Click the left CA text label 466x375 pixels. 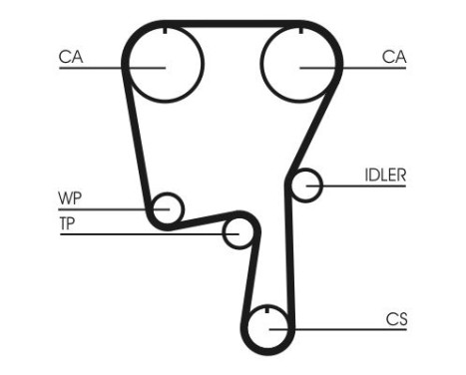click(70, 58)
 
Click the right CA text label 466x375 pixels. click(394, 58)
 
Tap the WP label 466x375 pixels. click(69, 196)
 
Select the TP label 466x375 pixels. click(67, 221)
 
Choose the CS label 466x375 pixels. click(396, 320)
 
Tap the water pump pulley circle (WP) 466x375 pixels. click(169, 208)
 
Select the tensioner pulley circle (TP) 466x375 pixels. click(237, 233)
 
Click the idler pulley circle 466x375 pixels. click(306, 185)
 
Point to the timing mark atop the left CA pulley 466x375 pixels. click(163, 33)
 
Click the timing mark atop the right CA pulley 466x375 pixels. click(300, 33)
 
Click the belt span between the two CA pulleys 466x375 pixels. click(232, 23)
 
